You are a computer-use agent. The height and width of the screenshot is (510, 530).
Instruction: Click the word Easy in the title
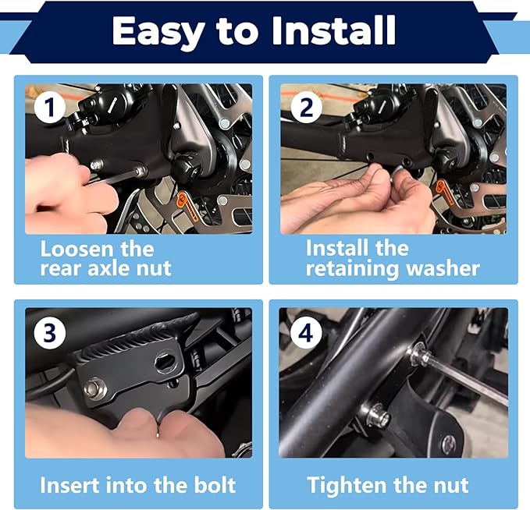tap(156, 30)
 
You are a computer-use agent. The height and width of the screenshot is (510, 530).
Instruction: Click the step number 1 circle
tap(49, 107)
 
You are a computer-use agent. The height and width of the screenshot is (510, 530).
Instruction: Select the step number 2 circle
tap(305, 107)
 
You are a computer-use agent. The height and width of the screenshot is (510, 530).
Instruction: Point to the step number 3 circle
tap(49, 333)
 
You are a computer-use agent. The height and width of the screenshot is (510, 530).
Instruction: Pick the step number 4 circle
tap(305, 333)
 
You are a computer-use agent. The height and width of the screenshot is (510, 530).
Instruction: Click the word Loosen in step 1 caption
tap(78, 249)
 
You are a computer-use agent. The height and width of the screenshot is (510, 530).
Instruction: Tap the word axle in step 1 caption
tap(109, 268)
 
